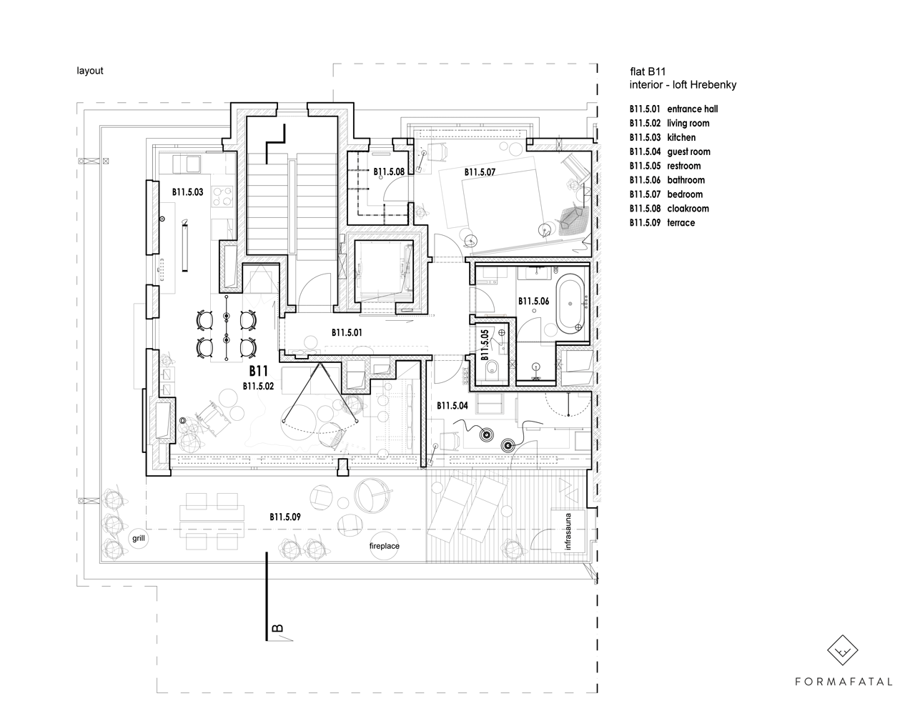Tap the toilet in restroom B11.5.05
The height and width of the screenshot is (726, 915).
493,368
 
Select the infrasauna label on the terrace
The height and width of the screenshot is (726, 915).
568,532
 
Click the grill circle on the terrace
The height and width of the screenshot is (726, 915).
139,539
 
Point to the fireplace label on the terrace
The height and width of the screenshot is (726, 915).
385,546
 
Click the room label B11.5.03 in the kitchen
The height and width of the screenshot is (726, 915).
187,192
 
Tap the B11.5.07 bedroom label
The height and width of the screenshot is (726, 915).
480,172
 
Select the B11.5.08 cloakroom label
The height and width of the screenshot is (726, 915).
389,171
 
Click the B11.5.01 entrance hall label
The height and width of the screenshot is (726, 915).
347,332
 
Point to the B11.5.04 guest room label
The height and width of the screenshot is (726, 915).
452,406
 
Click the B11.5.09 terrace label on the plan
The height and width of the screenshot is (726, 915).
285,517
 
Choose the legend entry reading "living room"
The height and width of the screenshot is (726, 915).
688,124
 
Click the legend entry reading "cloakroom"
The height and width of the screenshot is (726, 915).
687,209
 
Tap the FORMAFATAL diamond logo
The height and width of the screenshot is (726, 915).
842,650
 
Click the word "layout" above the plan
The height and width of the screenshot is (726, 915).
90,71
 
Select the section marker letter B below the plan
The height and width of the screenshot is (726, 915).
277,628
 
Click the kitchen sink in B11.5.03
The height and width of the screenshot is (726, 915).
187,164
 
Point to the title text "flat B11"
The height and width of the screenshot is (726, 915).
648,72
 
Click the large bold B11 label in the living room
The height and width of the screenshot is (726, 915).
259,371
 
